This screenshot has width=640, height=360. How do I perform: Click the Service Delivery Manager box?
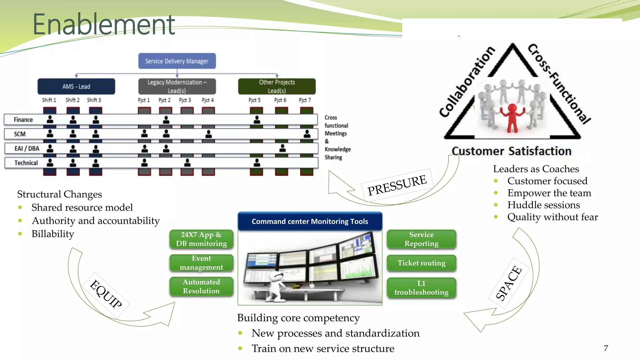(177, 61)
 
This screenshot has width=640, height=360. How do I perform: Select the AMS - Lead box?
(76, 86)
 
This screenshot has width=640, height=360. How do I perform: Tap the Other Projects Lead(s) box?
(277, 86)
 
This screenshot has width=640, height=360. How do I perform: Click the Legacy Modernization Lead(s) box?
(177, 86)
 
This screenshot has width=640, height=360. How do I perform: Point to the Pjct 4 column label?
(208, 100)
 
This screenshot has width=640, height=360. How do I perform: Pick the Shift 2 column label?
(72, 100)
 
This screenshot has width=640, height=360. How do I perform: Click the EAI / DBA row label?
(27, 148)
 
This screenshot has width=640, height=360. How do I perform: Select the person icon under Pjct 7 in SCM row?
(307, 134)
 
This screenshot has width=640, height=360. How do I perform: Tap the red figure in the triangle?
(512, 117)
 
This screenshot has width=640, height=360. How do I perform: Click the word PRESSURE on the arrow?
(397, 185)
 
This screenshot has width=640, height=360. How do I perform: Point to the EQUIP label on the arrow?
(106, 294)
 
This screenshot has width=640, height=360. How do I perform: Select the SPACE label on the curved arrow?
(509, 283)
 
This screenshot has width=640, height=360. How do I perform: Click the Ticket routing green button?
(421, 263)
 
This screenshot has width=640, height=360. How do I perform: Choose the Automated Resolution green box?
(201, 286)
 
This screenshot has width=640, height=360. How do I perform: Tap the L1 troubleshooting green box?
(421, 287)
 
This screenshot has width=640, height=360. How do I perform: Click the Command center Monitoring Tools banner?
(310, 221)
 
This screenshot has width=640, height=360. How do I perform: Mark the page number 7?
(606, 348)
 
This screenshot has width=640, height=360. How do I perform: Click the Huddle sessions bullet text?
(543, 205)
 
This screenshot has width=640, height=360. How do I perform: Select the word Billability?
(53, 234)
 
